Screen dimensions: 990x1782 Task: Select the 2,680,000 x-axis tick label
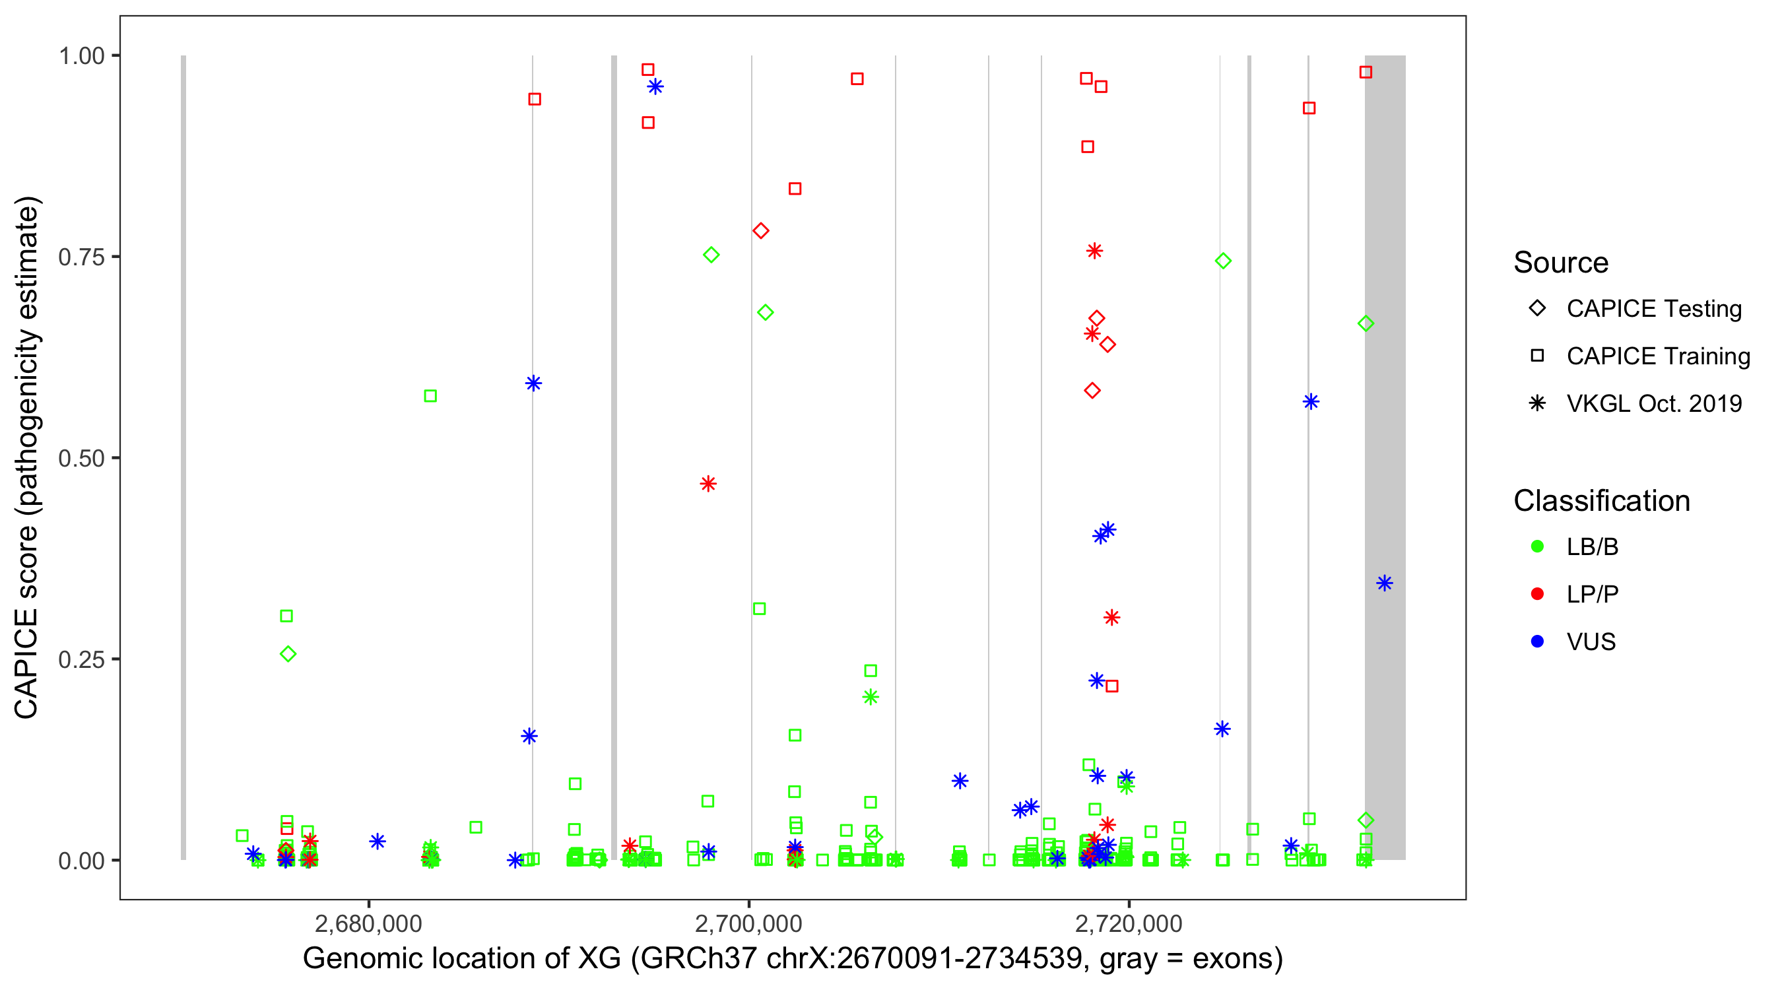click(x=368, y=923)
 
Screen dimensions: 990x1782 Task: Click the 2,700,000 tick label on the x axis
click(x=748, y=923)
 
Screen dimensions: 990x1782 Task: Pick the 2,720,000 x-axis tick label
click(x=1129, y=923)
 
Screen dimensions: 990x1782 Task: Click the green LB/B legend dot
click(x=1538, y=546)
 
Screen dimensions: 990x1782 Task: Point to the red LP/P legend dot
click(x=1538, y=594)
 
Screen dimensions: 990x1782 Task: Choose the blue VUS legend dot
click(x=1538, y=642)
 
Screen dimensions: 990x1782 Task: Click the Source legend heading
click(x=1561, y=263)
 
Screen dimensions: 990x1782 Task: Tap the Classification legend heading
click(x=1601, y=501)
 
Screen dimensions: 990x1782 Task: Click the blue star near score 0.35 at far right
click(x=1384, y=583)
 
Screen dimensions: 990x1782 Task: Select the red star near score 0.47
click(x=708, y=484)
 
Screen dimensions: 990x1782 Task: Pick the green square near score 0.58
click(x=430, y=396)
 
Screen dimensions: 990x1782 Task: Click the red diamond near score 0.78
click(x=761, y=230)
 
